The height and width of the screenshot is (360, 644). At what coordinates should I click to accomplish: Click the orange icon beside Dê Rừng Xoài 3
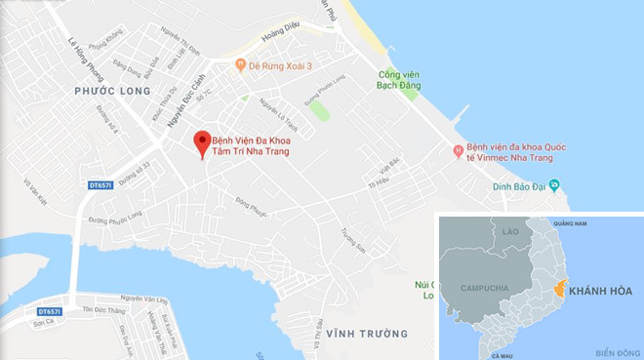(240, 65)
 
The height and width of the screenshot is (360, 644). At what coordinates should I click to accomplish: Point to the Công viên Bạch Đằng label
(399, 79)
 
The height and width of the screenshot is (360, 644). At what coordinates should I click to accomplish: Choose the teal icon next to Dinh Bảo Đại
(553, 183)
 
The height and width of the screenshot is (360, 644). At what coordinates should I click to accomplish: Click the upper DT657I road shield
(100, 183)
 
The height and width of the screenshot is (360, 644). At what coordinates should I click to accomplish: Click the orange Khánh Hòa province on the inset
(560, 289)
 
